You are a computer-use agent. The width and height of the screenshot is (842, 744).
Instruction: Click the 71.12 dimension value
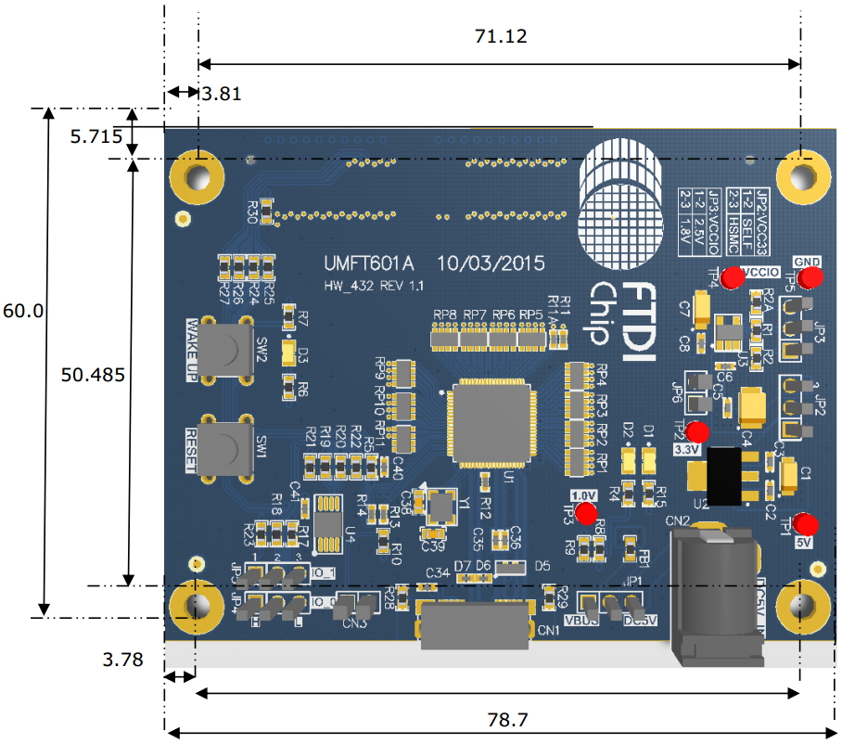500,36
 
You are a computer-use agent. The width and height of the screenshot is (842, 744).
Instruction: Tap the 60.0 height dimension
22,311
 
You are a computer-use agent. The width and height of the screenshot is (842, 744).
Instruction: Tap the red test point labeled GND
811,278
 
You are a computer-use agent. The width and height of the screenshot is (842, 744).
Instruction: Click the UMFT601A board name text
363,263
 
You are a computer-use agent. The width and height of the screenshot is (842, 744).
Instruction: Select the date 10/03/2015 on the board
491,263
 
